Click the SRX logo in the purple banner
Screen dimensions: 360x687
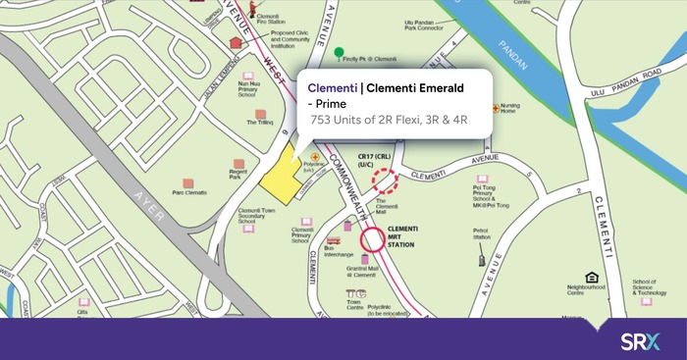[641, 341]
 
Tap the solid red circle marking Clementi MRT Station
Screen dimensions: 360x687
[373, 239]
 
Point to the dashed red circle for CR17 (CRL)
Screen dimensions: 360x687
[383, 180]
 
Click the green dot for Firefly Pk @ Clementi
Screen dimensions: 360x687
[339, 51]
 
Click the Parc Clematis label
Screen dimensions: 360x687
[191, 193]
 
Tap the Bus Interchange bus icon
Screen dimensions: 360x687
[334, 240]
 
